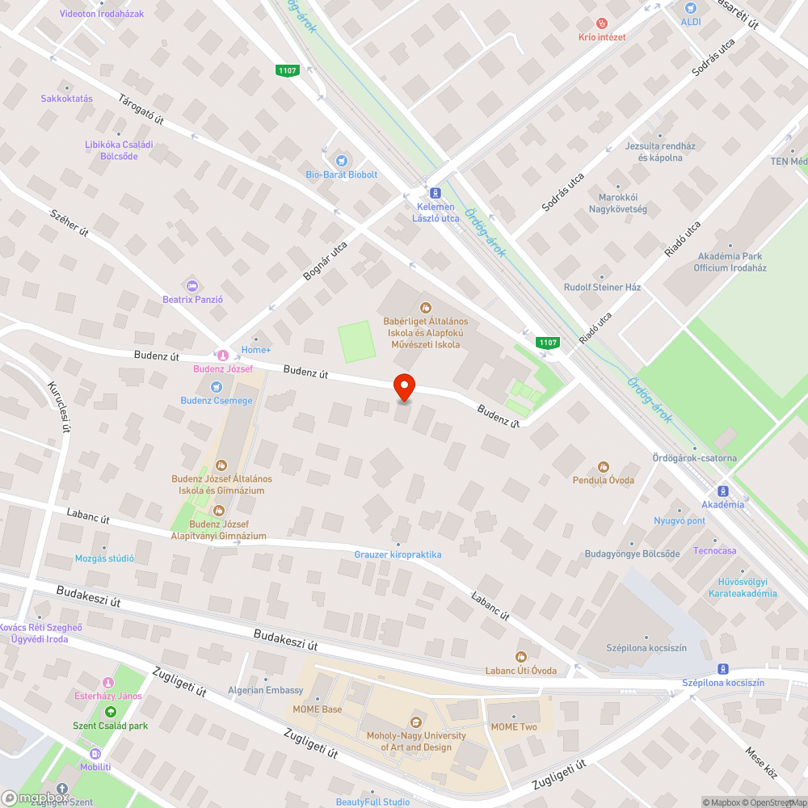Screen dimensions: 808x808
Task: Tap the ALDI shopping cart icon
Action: pos(689,8)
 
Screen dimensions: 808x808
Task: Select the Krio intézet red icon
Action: pos(601,24)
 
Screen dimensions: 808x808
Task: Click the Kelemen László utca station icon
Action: pos(436,193)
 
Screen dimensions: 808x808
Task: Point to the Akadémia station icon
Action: pos(722,490)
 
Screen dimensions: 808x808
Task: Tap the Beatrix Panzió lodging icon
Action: pos(191,285)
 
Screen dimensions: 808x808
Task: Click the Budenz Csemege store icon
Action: pos(216,386)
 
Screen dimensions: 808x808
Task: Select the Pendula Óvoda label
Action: pos(603,480)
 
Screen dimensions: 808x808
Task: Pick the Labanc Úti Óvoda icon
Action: pos(521,657)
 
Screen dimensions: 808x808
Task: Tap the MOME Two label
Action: pos(514,727)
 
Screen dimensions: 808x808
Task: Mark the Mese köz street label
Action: pos(760,763)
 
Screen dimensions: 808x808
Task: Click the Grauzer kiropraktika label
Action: pos(398,555)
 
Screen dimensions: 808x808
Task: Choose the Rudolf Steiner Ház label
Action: pos(602,287)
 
